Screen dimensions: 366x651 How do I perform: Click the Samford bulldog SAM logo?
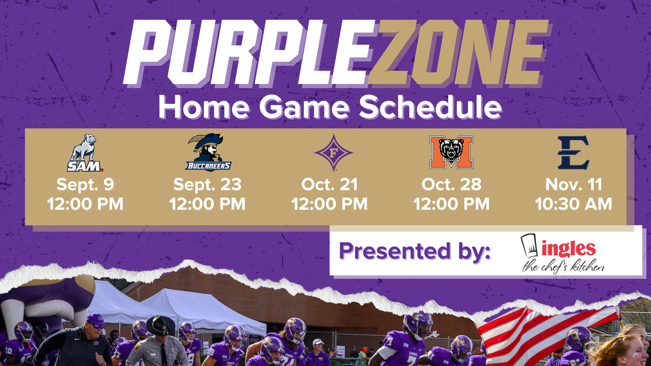pos(85,153)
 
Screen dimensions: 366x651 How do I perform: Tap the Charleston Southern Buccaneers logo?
pos(208,153)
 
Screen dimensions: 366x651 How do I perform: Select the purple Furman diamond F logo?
pos(333,153)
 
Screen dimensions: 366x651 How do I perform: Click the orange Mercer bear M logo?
pos(451,152)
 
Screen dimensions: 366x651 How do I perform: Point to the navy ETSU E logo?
pos(573,153)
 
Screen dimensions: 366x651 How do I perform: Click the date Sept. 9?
pos(85,185)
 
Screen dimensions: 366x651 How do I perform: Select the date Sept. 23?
pos(207,185)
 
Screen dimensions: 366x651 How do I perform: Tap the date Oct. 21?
pos(329,185)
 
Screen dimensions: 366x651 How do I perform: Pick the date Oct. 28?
pos(451,185)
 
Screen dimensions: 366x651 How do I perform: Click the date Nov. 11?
pos(573,185)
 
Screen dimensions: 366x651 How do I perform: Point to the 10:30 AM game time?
pos(573,204)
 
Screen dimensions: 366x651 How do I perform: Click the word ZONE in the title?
pos(457,53)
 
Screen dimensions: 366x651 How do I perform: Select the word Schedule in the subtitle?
pos(430,107)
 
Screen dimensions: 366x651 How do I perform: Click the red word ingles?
pos(569,248)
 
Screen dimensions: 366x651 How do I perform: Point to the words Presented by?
pos(415,251)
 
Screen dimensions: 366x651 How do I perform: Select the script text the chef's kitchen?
pos(563,266)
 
